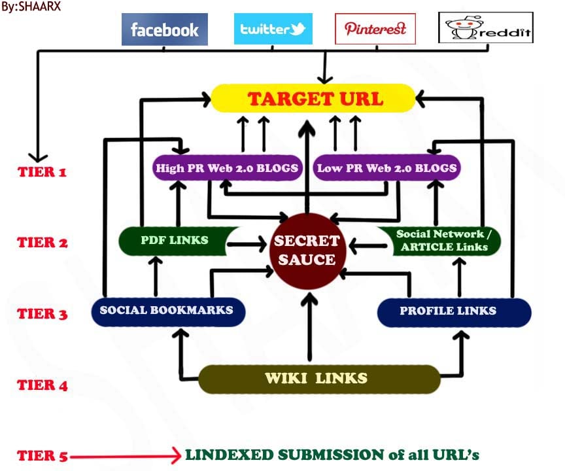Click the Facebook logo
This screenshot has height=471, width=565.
[x=164, y=29]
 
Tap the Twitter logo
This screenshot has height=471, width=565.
[x=273, y=29]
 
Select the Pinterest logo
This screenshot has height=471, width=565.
[x=375, y=29]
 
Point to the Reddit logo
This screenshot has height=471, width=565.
[x=485, y=29]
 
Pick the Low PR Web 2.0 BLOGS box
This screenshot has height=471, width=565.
[x=386, y=168]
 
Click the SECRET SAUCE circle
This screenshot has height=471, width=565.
[x=307, y=250]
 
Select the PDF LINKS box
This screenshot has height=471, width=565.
[x=175, y=240]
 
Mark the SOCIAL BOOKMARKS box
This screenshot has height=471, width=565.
[x=167, y=310]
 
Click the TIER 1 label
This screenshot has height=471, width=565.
[x=43, y=172]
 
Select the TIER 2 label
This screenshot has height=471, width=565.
[x=43, y=243]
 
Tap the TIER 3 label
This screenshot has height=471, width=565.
[x=43, y=314]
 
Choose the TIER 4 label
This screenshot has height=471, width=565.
[x=43, y=385]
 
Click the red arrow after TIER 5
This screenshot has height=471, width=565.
[x=124, y=456]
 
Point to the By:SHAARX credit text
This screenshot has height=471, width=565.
[x=26, y=7]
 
